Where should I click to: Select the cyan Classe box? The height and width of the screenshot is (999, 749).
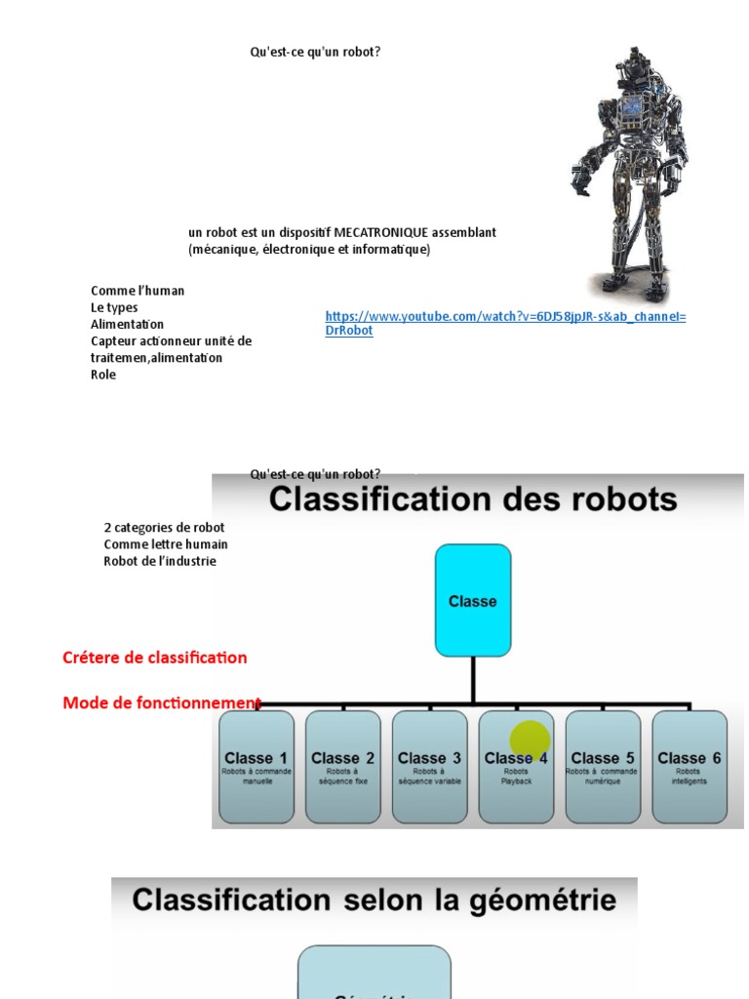[x=473, y=601]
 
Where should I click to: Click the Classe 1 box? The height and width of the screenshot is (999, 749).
[x=256, y=767]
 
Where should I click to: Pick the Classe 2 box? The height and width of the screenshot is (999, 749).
[x=342, y=767]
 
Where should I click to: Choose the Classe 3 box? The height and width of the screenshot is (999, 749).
[x=429, y=767]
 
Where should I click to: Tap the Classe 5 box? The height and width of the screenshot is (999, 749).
[x=603, y=767]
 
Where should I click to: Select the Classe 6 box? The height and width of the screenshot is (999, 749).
[x=690, y=767]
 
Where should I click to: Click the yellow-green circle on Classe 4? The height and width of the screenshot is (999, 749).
[x=530, y=740]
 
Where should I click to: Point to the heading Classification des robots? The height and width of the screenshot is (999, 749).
[x=473, y=500]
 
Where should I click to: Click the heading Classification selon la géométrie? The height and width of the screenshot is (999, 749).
[x=374, y=899]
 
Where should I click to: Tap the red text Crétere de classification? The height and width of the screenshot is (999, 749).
[x=155, y=658]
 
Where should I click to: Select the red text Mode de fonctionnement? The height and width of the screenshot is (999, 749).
[x=162, y=703]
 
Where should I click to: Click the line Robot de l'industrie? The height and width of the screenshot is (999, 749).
[x=160, y=561]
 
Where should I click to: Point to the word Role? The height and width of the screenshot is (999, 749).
[x=103, y=375]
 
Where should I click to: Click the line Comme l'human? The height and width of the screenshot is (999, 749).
[x=138, y=291]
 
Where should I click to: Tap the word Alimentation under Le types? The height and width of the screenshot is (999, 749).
[x=128, y=324]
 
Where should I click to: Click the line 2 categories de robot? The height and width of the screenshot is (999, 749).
[x=164, y=528]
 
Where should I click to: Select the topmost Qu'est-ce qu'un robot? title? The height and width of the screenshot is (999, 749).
[x=315, y=52]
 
